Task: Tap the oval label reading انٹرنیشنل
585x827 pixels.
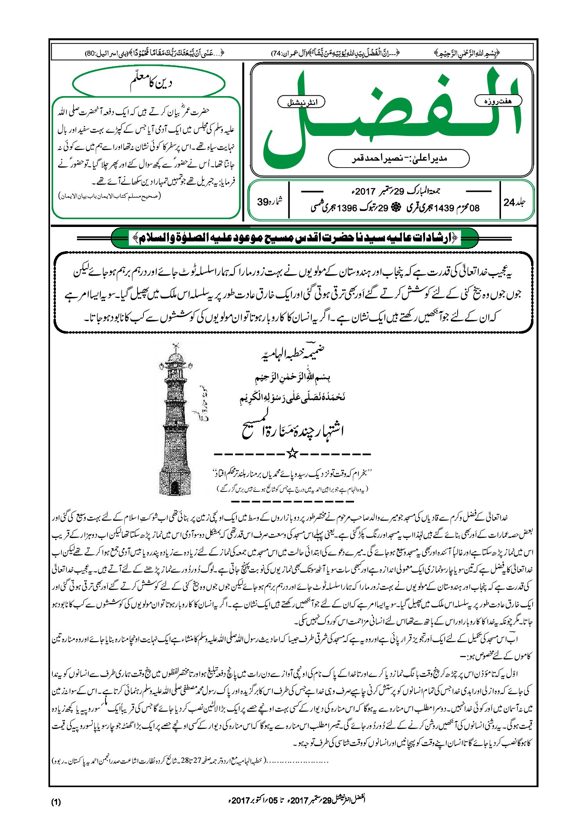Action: (x=301, y=102)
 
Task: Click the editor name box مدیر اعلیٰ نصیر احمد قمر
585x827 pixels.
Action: (x=399, y=158)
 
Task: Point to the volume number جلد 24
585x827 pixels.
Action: (x=515, y=202)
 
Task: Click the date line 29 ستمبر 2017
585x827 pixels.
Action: (x=395, y=191)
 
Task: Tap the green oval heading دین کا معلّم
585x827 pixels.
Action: (x=149, y=83)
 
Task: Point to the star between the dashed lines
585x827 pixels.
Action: (x=292, y=454)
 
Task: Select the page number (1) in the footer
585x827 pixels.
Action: (x=56, y=802)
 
